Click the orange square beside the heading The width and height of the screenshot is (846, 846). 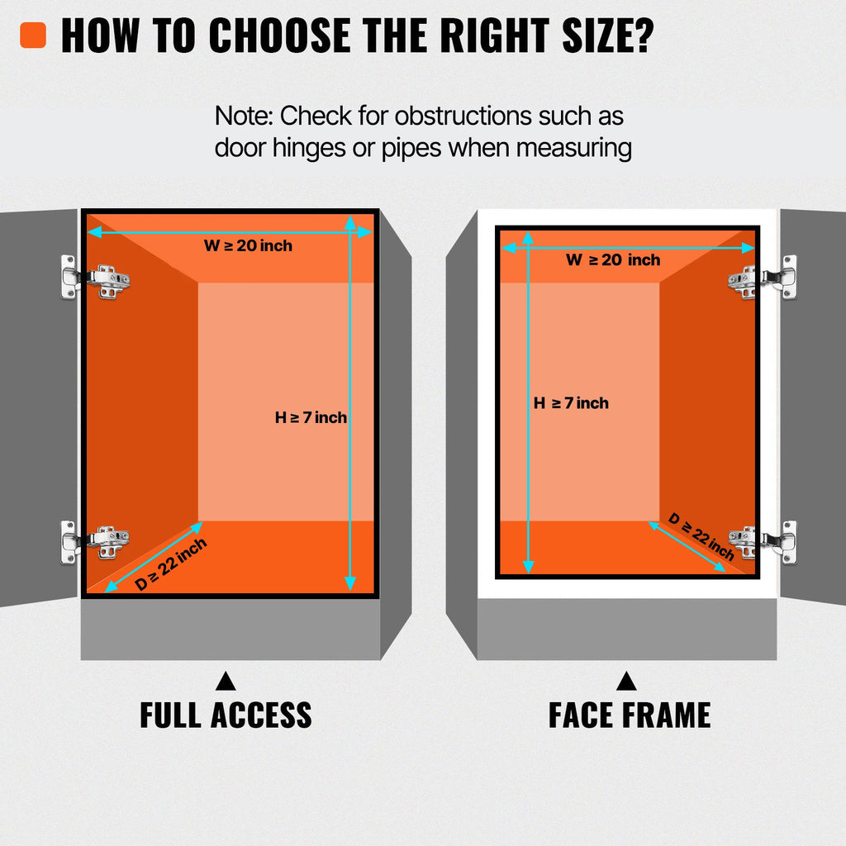click(x=33, y=35)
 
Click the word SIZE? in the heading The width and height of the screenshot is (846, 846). click(x=608, y=36)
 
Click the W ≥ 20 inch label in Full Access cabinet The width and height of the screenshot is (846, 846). click(x=248, y=245)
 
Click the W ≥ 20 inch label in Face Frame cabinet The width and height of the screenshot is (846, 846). click(x=613, y=259)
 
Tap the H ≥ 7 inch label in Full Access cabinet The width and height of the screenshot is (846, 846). click(x=311, y=417)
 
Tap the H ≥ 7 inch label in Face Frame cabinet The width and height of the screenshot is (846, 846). click(x=571, y=403)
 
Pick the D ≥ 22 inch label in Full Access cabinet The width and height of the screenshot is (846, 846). click(x=170, y=564)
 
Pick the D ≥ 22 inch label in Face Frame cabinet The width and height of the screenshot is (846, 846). click(x=701, y=536)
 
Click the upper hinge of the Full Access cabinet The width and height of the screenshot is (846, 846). click(x=95, y=277)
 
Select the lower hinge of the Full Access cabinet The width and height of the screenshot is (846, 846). click(x=95, y=542)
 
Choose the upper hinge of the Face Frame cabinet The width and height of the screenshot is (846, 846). click(x=762, y=278)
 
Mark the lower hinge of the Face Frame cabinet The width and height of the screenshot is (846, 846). click(x=763, y=542)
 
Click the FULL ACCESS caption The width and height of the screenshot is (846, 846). click(x=226, y=715)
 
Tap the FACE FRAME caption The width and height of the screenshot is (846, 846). click(x=630, y=715)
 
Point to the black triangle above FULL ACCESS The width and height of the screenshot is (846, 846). click(x=226, y=682)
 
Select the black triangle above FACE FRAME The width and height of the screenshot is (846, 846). click(x=626, y=682)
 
